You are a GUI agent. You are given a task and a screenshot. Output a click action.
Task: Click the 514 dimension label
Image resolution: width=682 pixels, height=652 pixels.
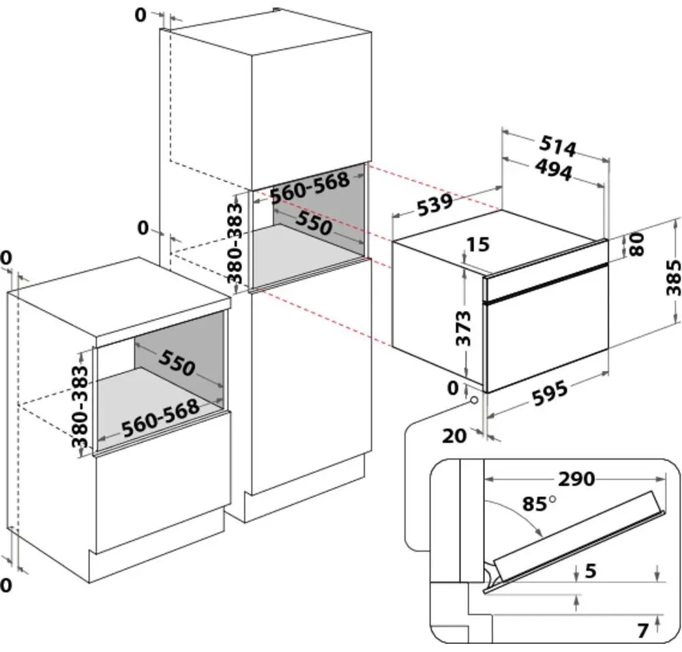(559, 146)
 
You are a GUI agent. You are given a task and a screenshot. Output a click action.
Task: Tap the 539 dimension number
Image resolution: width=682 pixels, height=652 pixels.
(430, 205)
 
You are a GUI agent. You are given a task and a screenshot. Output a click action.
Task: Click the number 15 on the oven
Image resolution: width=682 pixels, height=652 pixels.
(478, 244)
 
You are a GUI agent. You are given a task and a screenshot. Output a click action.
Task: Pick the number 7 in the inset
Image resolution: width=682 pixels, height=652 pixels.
(642, 631)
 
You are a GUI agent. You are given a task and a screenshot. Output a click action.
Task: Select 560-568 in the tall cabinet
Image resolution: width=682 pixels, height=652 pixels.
(310, 187)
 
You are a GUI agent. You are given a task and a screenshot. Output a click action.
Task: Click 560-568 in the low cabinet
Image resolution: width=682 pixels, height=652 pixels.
(160, 417)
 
